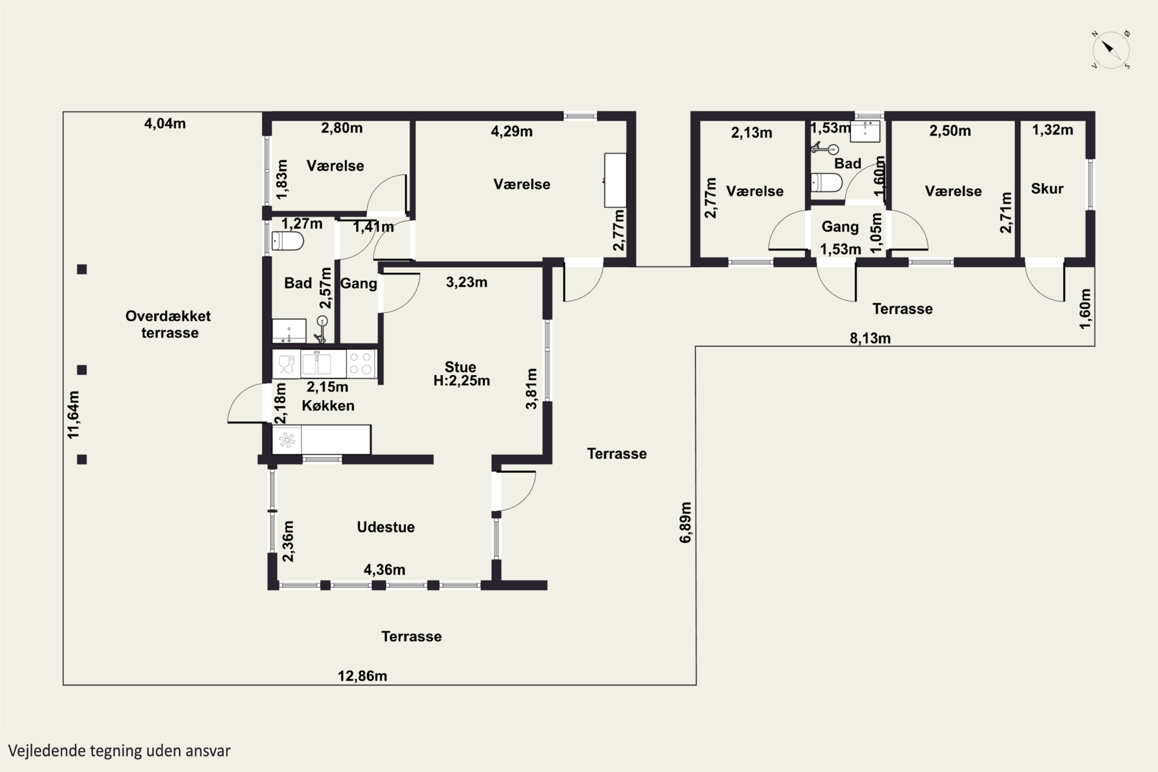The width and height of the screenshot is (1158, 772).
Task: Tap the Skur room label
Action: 1047,189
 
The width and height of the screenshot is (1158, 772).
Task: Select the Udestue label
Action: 386,527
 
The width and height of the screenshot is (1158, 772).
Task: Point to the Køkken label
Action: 328,405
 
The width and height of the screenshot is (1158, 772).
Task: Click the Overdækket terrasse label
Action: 168,324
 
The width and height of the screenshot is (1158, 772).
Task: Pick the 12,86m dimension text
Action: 362,676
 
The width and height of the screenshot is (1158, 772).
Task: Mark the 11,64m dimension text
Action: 73,415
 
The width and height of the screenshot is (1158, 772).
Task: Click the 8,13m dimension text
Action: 870,338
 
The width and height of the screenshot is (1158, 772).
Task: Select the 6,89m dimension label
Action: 686,522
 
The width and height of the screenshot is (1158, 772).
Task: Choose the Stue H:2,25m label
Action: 461,374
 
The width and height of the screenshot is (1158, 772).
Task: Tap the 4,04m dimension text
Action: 165,124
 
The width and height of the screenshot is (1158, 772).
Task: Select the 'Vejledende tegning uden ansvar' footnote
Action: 119,751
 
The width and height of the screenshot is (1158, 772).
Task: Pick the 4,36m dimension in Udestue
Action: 384,570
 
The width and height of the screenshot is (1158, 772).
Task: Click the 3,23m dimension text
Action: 467,282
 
